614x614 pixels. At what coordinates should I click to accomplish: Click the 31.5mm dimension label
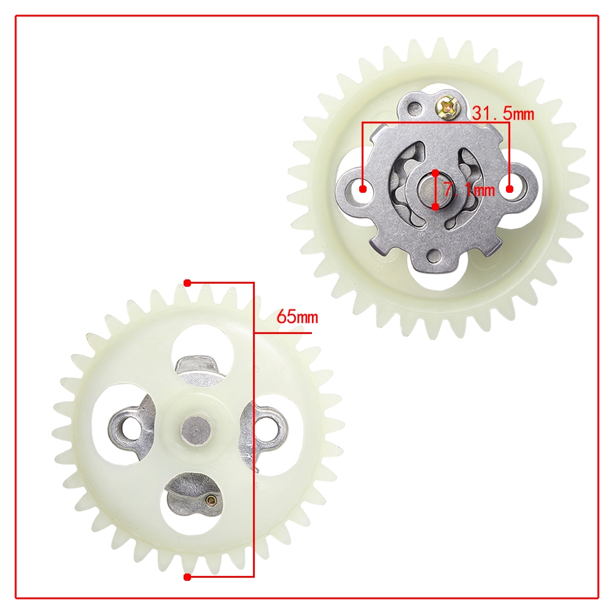pyautogui.click(x=503, y=113)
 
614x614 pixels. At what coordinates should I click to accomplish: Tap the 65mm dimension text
pyautogui.click(x=297, y=316)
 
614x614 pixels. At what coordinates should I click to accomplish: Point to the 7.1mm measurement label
pyautogui.click(x=469, y=190)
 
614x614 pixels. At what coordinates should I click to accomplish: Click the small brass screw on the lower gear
pyautogui.click(x=211, y=499)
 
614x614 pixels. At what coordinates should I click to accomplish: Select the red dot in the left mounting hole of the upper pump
pyautogui.click(x=363, y=189)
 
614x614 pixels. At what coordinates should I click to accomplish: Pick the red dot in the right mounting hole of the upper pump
pyautogui.click(x=510, y=189)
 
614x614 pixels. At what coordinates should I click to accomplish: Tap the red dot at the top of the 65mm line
pyautogui.click(x=187, y=282)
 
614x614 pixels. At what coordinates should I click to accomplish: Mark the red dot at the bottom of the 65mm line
pyautogui.click(x=187, y=577)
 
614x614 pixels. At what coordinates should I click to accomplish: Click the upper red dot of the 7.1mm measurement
pyautogui.click(x=435, y=173)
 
